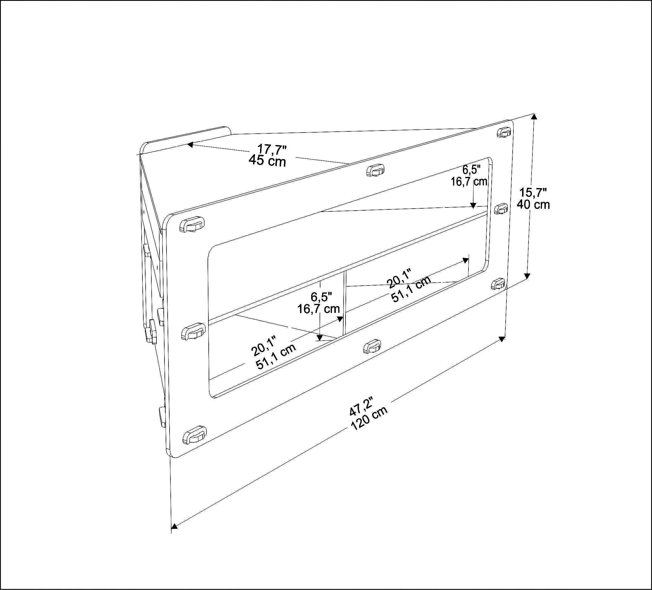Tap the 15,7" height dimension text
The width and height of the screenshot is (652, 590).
(x=533, y=192)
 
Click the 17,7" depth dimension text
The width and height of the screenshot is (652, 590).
(x=272, y=149)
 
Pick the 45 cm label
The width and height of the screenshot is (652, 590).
(x=267, y=161)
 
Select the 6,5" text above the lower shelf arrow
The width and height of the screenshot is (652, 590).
(x=321, y=296)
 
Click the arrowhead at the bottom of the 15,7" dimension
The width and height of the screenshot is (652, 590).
(x=527, y=275)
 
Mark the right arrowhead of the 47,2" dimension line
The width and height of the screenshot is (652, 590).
(x=502, y=339)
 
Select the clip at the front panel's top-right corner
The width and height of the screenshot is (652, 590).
(x=504, y=132)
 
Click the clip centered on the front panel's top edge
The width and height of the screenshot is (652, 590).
(x=375, y=170)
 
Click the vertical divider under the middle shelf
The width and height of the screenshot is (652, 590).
(x=345, y=303)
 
